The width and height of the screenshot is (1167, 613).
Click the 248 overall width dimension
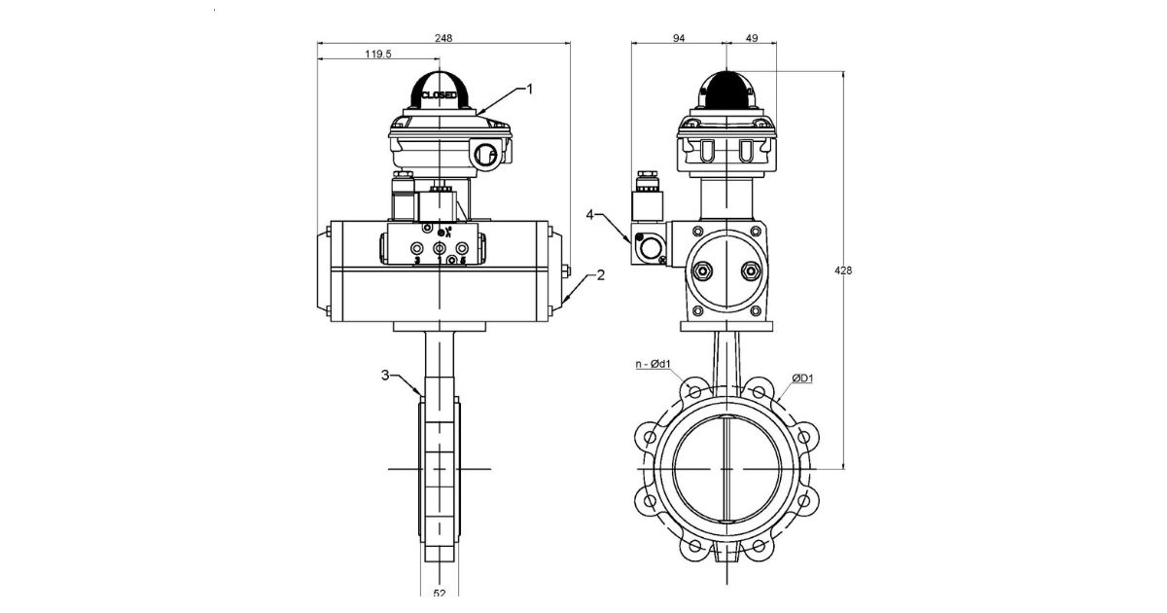pos(444,38)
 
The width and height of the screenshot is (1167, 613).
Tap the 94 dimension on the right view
pos(679,38)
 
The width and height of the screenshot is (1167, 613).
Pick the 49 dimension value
pos(751,38)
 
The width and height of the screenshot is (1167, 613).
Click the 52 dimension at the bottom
pos(439,592)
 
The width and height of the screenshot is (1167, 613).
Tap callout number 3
pos(385,374)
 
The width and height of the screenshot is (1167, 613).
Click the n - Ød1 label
pos(654,365)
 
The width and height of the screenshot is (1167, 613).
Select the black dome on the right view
pos(727,92)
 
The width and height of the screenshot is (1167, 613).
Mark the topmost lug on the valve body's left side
pos(647,432)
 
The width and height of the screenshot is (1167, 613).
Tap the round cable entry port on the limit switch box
pos(486,153)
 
